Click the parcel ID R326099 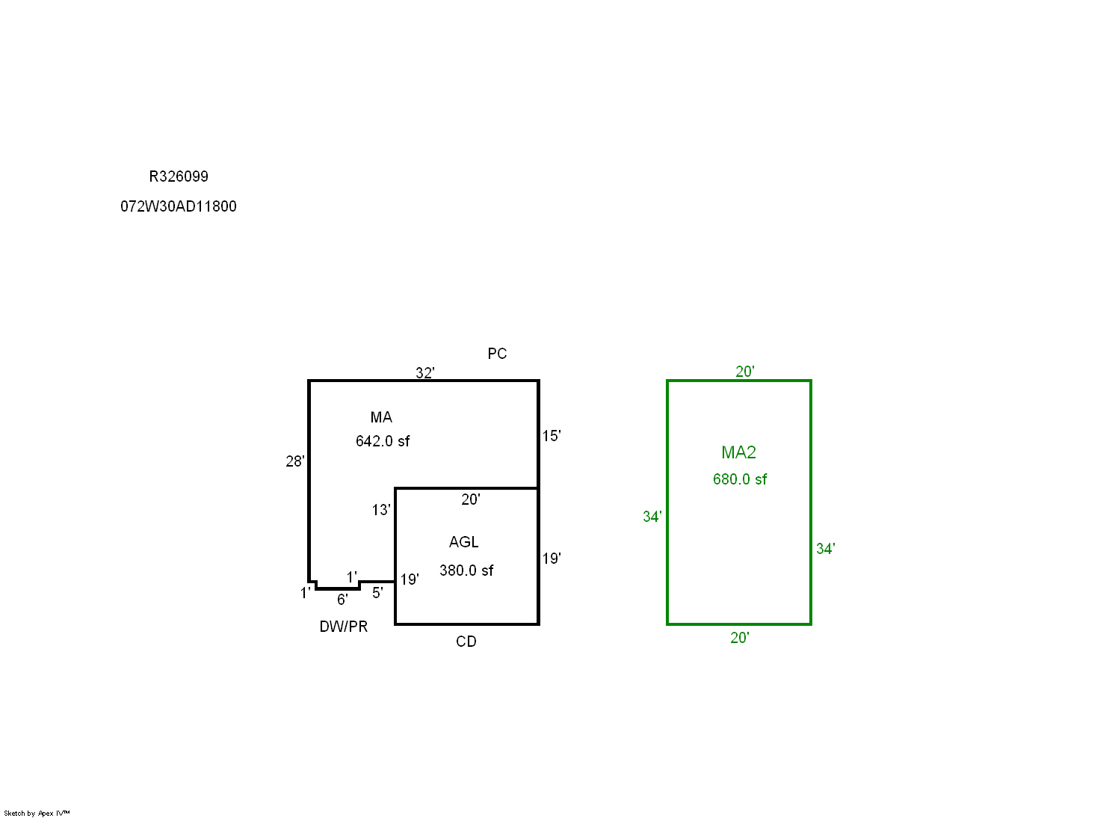click(179, 176)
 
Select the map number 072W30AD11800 click(179, 206)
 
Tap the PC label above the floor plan click(497, 354)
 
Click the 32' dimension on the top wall click(425, 372)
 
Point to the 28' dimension click(295, 461)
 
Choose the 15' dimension click(552, 436)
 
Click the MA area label click(381, 417)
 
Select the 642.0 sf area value click(383, 441)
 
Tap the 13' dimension click(381, 510)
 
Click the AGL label click(464, 542)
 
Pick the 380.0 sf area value click(466, 571)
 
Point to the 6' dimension click(342, 600)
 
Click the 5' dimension click(378, 593)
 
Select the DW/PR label click(344, 627)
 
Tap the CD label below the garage click(466, 642)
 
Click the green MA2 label click(738, 452)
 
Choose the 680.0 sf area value click(740, 479)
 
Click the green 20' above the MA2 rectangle click(745, 372)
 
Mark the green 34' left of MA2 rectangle click(652, 517)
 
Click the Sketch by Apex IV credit click(37, 814)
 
